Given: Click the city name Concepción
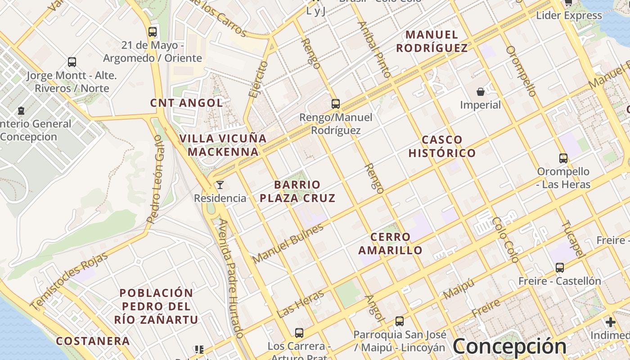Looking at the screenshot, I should [509, 346].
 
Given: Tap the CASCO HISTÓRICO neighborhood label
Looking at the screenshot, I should [442, 146].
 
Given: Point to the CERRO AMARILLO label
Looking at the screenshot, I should [391, 243].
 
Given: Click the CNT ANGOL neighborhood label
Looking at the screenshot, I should [186, 103].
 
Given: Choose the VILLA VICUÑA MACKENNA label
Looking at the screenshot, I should [223, 145].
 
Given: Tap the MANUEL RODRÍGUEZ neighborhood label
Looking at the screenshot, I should [432, 41].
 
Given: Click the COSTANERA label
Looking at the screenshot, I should [93, 341].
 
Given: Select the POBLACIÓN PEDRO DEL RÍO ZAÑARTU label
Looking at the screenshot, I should [156, 306].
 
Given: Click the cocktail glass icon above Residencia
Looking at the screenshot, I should [220, 185].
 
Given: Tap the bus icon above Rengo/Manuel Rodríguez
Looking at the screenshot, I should [336, 104].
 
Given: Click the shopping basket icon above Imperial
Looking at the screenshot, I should [481, 92].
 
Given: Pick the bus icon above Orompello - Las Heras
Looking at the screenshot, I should [563, 158].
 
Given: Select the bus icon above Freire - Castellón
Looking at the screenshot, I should [560, 268].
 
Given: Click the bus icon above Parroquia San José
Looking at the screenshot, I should [400, 321].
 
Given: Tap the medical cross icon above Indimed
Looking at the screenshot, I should [611, 322].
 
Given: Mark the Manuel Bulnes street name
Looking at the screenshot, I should [288, 243].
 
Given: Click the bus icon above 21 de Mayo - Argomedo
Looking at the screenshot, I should [153, 32].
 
